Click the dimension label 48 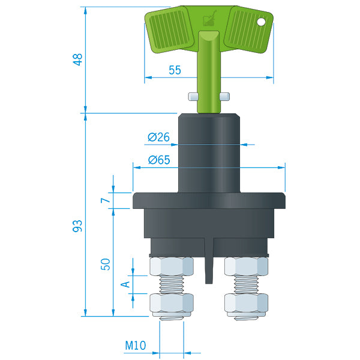point(78,59)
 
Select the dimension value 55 point(175,70)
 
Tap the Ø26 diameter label point(158,137)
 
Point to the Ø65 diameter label point(159,160)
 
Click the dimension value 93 point(77,226)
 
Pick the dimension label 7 point(106,200)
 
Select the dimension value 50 point(106,264)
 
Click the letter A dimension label point(125,284)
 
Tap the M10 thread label point(136,345)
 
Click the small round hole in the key point(261,22)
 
